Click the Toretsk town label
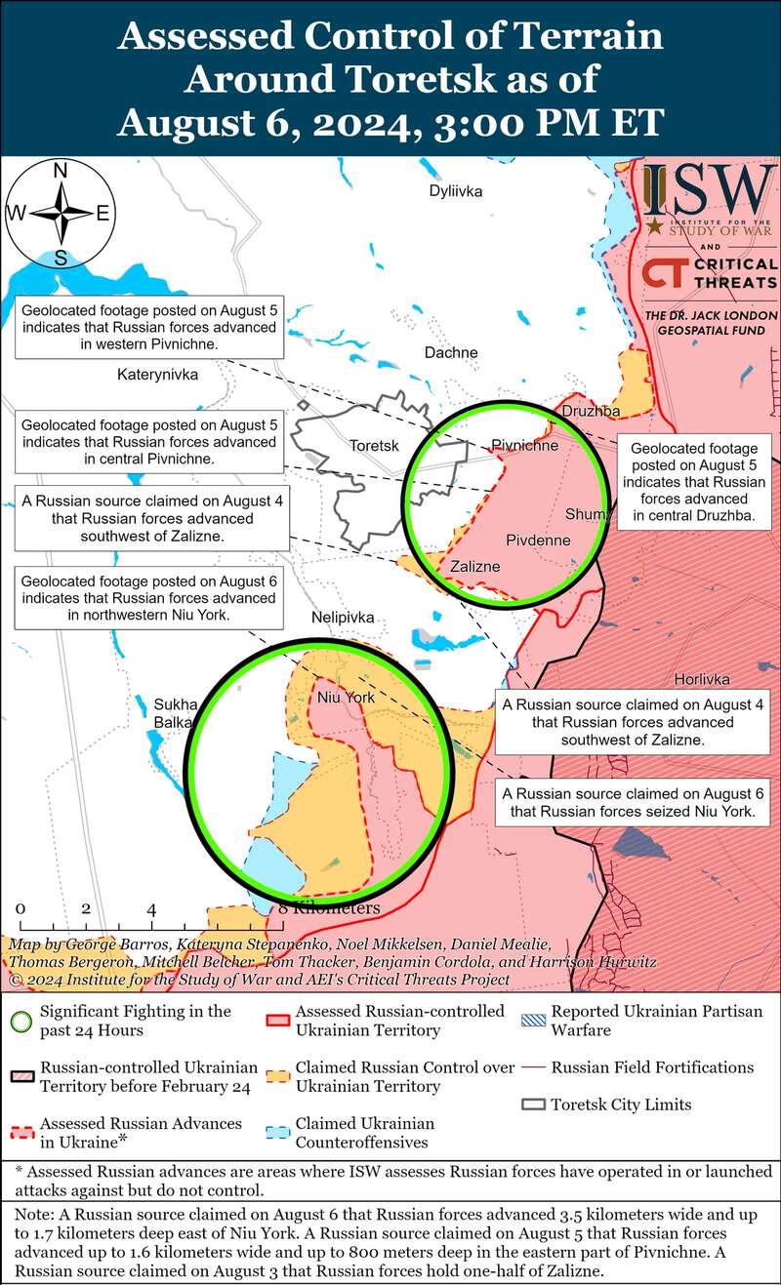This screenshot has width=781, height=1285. [x=375, y=446]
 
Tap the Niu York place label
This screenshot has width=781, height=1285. [x=346, y=698]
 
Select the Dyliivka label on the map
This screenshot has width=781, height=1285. [x=456, y=191]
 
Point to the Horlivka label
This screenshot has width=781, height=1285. [x=702, y=680]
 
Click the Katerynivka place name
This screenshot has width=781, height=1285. [x=157, y=374]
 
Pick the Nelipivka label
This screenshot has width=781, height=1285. [x=342, y=618]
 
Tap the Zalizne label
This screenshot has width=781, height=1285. [x=475, y=566]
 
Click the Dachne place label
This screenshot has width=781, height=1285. [x=451, y=352]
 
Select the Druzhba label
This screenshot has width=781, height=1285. [x=591, y=412]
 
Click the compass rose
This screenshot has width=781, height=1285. [x=60, y=214]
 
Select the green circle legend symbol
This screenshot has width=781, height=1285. [x=20, y=1020]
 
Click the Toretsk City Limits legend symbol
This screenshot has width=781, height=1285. [x=533, y=1104]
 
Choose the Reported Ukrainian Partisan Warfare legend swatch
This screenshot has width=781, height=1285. [x=533, y=1019]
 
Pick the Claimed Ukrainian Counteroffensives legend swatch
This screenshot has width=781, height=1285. [x=277, y=1132]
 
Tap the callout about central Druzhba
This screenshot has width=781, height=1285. [x=693, y=482]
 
